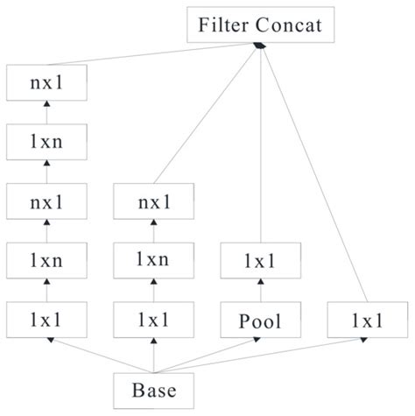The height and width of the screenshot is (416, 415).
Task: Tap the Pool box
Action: [x=259, y=321]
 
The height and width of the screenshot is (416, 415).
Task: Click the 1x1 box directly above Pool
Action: [x=259, y=260]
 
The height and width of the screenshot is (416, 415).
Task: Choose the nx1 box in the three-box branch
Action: [x=153, y=203]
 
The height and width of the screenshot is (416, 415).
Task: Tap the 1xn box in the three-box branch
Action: [x=153, y=260]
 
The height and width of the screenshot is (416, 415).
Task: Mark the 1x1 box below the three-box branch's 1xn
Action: [x=153, y=321]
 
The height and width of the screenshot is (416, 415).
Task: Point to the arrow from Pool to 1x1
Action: [x=259, y=291]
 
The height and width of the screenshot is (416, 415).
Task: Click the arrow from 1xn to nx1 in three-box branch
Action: [x=153, y=232]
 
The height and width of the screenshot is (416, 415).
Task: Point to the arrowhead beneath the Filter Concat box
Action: [x=259, y=46]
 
